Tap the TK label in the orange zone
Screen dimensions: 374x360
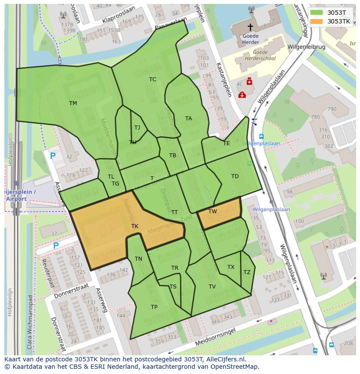point(135,226)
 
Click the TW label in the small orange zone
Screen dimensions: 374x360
point(213,212)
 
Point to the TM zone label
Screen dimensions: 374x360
point(73,103)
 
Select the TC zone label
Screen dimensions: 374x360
point(153,79)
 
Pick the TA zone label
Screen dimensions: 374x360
point(188,118)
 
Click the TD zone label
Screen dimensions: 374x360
point(235,176)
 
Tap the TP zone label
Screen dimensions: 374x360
point(154,307)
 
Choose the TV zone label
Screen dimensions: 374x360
point(212,286)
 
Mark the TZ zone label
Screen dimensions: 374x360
point(247,272)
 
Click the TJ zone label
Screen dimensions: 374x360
point(137,127)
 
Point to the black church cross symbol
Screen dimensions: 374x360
point(250,27)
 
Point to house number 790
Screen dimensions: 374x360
point(332,109)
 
